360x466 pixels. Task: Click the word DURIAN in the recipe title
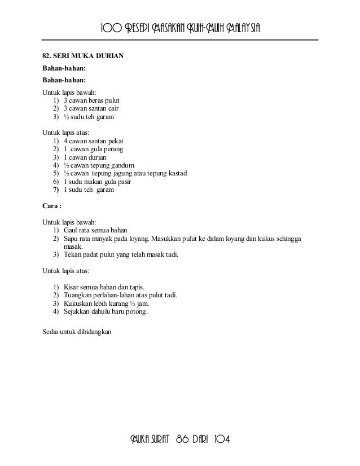[x=108, y=57]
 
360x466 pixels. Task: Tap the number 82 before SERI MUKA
[x=47, y=57]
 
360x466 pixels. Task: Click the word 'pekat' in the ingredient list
[x=115, y=140]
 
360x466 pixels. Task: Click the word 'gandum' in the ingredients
[x=122, y=165]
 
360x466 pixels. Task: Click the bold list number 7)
[x=56, y=190]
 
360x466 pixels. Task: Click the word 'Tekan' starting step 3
[x=72, y=254]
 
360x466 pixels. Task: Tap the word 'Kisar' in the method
[x=72, y=287]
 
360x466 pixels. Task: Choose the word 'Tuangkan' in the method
[x=78, y=295]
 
